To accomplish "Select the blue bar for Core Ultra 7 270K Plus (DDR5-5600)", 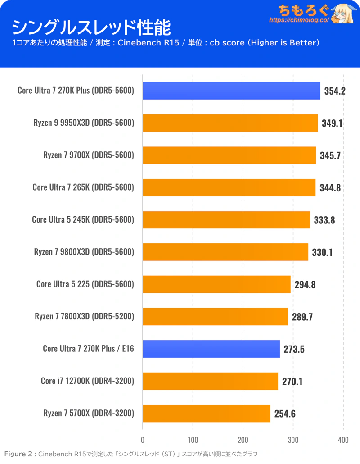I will coord(231,91).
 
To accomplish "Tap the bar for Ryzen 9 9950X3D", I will coord(230,123).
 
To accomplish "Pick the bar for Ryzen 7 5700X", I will coord(207,413).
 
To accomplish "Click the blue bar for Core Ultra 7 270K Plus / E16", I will coord(211,349).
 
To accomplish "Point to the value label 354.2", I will coord(334,91).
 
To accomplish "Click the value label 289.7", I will coord(301,317).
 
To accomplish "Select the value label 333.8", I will coord(324,220).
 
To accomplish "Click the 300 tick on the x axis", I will coord(293,440).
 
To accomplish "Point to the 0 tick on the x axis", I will coord(143,440).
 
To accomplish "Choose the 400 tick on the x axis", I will coord(343,440).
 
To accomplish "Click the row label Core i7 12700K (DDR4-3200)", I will coord(87,381).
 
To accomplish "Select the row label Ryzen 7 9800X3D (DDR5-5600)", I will coord(84,252).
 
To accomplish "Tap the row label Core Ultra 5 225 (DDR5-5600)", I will coord(85,284).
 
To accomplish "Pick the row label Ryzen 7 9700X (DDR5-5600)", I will coord(89,155).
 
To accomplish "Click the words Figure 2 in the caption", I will coord(19,454).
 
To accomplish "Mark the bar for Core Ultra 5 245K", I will coord(226,219).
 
